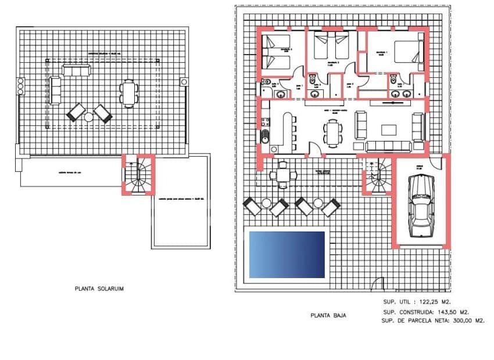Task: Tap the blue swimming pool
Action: [287, 254]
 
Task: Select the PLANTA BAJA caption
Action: [329, 315]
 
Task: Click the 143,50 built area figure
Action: [445, 312]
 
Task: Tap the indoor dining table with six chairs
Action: [333, 131]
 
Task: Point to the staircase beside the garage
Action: [377, 175]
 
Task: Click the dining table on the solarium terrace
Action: [129, 93]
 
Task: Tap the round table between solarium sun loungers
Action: [89, 117]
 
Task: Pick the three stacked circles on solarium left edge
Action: [21, 85]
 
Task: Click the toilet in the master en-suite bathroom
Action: [394, 80]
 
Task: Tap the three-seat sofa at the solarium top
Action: [77, 70]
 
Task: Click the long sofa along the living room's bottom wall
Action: [388, 146]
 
